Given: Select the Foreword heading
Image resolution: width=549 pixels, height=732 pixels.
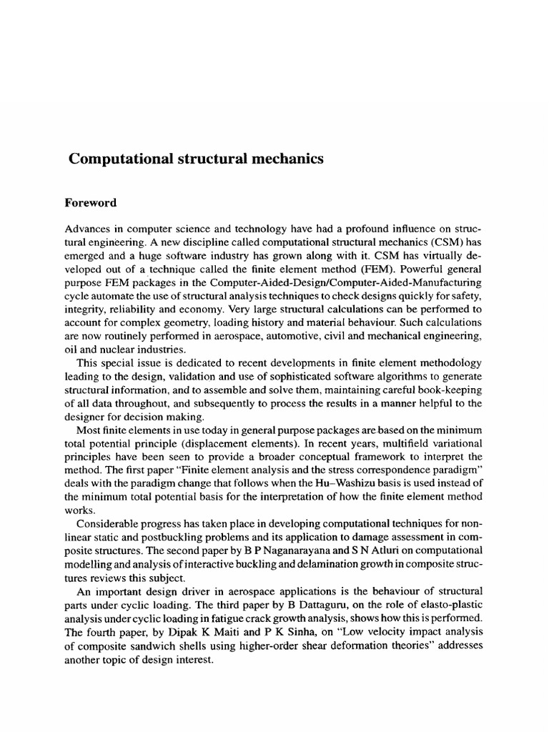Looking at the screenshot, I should point(91,203).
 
